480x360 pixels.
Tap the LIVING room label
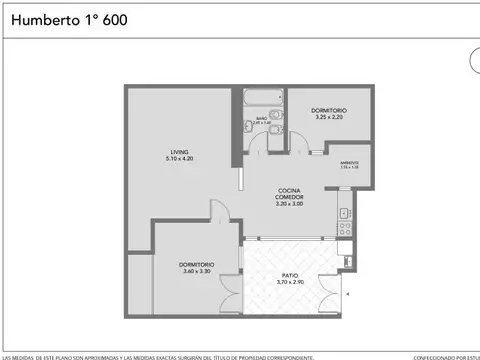click(179, 151)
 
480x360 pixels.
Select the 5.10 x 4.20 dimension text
click(179, 158)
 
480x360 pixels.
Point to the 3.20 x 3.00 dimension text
click(289, 205)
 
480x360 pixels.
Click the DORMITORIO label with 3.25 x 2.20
click(329, 110)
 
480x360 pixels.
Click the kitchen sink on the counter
click(343, 212)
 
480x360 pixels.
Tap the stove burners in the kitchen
click(343, 228)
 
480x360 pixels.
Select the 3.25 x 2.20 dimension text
click(329, 117)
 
